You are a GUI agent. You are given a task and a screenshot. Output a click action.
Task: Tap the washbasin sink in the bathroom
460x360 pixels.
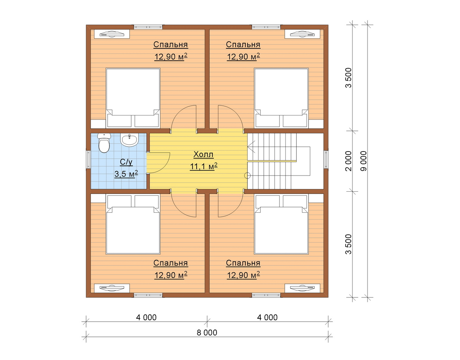129,140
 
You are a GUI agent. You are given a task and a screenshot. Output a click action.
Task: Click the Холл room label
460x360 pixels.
203,154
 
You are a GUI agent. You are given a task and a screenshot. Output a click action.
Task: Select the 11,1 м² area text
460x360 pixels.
204,166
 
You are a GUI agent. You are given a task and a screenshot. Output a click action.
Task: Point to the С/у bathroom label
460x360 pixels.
126,162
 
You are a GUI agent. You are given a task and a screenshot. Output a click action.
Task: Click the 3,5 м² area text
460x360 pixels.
126,174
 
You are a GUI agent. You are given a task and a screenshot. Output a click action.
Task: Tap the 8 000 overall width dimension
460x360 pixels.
207,333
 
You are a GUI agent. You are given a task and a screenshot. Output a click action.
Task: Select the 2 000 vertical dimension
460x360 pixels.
348,161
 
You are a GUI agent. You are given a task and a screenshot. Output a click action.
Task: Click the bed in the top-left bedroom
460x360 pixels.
133,98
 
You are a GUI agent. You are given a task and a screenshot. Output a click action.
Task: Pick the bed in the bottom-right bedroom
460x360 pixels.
281,224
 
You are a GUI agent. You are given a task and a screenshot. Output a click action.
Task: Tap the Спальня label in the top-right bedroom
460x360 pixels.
243,45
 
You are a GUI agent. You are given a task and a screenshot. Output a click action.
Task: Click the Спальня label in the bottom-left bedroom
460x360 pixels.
170,263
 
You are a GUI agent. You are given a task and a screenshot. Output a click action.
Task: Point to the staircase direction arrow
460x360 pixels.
251,146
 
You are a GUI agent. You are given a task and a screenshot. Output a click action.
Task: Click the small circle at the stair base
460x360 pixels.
247,175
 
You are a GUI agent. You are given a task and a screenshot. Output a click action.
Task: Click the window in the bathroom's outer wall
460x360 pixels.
88,159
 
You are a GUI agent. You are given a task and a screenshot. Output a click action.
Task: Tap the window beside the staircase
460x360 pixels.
326,159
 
